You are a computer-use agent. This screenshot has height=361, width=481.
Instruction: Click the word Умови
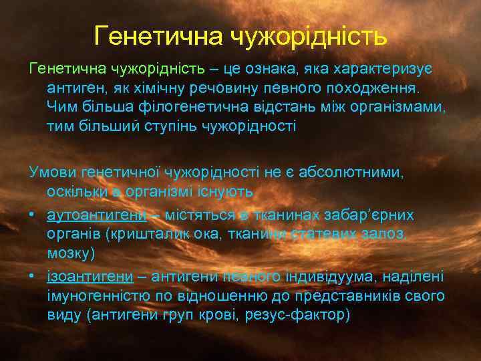[x=52, y=173]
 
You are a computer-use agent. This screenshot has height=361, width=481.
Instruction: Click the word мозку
[x=68, y=253]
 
